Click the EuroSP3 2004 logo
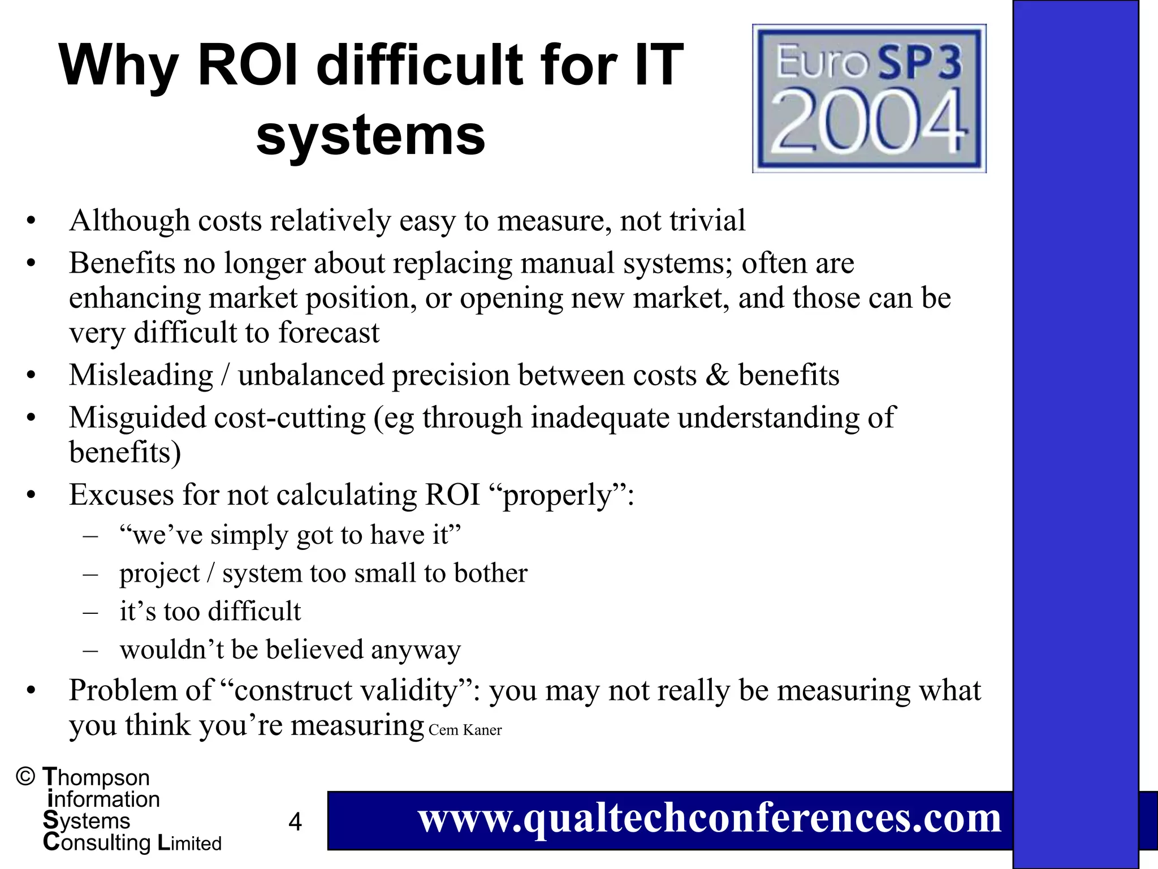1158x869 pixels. tap(869, 98)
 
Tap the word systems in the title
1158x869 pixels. tap(370, 135)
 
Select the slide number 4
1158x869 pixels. tap(295, 821)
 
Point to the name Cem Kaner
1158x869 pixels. tap(465, 730)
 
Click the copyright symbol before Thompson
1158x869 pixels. tap(26, 777)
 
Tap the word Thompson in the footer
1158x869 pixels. tap(96, 777)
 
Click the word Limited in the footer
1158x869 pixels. tap(189, 843)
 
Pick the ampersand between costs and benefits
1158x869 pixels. tap(717, 375)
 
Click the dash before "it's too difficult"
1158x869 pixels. tap(90, 612)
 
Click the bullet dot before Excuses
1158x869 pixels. tap(31, 496)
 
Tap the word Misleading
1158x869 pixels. tap(141, 375)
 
